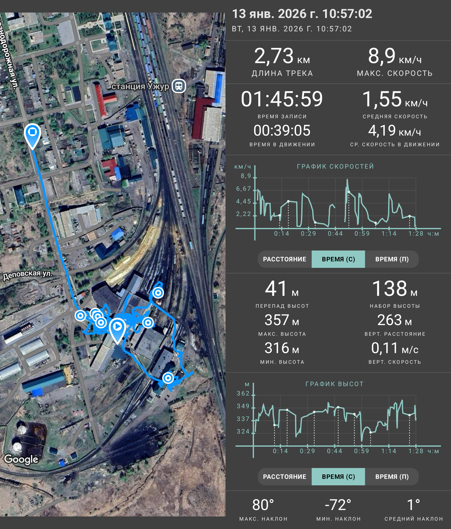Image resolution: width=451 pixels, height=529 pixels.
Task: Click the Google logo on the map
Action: point(21,459)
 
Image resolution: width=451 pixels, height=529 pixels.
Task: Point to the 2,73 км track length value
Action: point(282,56)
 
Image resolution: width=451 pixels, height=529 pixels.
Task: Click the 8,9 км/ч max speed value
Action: point(394,56)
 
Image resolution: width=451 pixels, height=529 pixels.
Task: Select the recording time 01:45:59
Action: point(282,99)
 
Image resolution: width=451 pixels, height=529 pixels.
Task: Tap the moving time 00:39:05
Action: point(282,130)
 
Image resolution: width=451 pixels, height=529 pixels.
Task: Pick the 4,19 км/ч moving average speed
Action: point(394,131)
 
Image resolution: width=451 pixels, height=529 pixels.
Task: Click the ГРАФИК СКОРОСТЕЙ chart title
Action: point(335,167)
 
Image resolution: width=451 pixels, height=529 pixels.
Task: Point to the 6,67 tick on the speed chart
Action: point(243,189)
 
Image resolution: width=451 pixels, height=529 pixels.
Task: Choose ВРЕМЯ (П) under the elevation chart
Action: point(392,477)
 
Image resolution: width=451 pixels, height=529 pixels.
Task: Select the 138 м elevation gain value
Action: point(394,289)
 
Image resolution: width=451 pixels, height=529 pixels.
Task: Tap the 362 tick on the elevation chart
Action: point(243,393)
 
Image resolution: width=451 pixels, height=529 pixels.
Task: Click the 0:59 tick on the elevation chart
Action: point(361,451)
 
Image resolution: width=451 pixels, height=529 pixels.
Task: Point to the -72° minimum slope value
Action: point(338,505)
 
